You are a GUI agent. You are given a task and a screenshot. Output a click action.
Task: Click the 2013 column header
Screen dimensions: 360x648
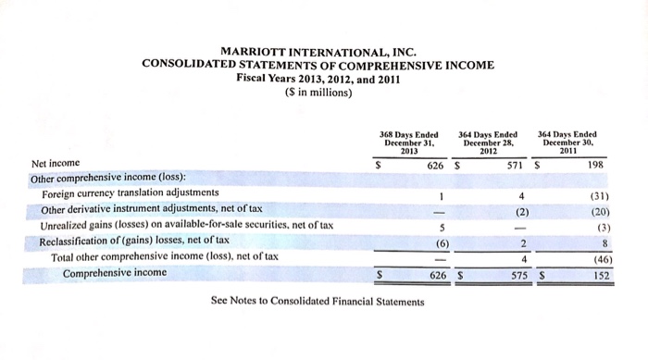pyautogui.click(x=408, y=143)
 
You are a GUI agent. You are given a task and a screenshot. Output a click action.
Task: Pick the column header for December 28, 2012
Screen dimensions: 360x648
pyautogui.click(x=487, y=143)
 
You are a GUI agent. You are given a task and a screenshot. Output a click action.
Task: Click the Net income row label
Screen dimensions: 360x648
pyautogui.click(x=56, y=163)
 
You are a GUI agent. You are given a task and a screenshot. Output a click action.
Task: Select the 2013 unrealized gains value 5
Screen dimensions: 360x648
pyautogui.click(x=442, y=227)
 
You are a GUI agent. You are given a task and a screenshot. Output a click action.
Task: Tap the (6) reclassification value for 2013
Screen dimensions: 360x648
pyautogui.click(x=441, y=242)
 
